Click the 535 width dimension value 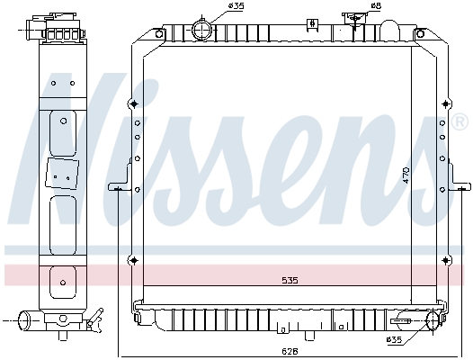tap(290, 281)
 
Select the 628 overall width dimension tap(290, 351)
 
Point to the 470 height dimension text tap(406, 175)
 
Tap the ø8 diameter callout tap(376, 5)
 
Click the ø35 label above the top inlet tap(236, 6)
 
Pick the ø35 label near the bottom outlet tap(394, 340)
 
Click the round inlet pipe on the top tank tap(202, 31)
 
